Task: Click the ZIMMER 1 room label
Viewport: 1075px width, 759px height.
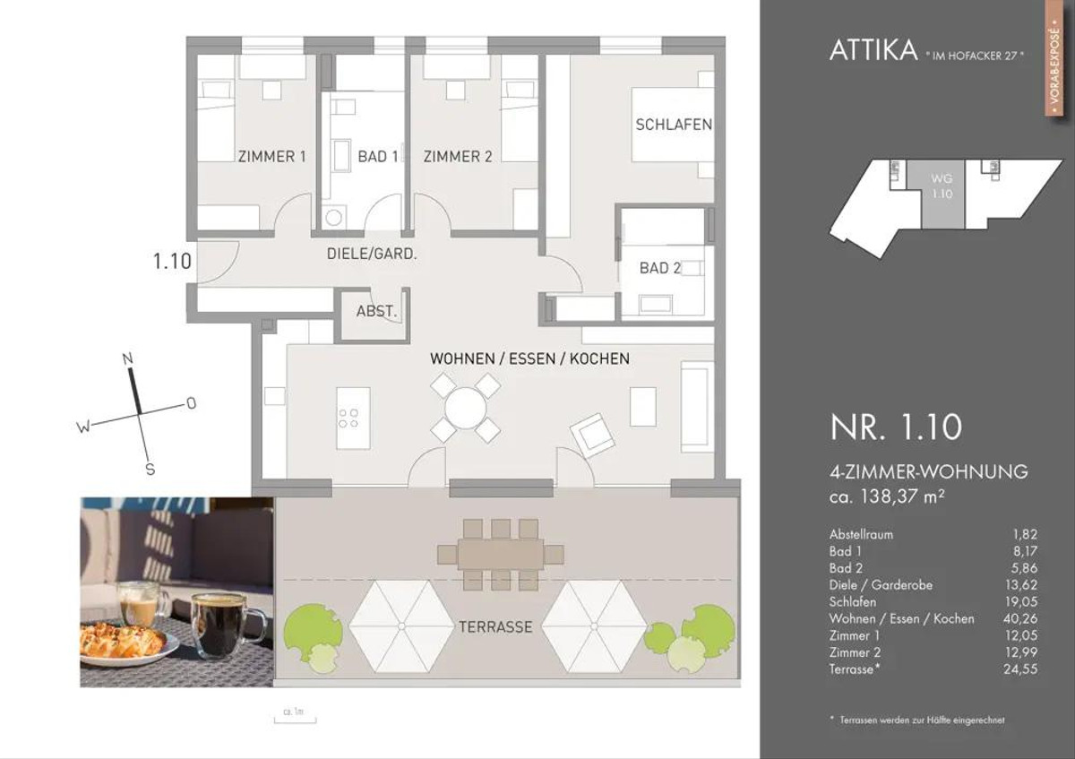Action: click(x=271, y=157)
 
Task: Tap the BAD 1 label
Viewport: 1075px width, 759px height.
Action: click(x=378, y=157)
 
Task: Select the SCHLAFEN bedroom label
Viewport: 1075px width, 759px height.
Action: click(x=674, y=125)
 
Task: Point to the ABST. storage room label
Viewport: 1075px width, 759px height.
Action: click(x=376, y=312)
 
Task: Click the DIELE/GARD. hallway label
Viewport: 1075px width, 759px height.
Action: click(x=372, y=254)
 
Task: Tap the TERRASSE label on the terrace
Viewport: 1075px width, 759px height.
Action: click(x=495, y=627)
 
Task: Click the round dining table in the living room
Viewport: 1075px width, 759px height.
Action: click(x=465, y=409)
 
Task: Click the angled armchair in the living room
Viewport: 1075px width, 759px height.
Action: click(x=592, y=436)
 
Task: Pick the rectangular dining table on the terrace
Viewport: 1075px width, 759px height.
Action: click(x=501, y=555)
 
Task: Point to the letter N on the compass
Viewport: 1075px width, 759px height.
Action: click(x=127, y=358)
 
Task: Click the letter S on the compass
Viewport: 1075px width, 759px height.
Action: click(x=150, y=469)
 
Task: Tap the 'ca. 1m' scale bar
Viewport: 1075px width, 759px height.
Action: click(x=295, y=720)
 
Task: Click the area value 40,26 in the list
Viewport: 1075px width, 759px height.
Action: click(x=1020, y=618)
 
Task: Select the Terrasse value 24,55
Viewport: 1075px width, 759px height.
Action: click(x=1020, y=668)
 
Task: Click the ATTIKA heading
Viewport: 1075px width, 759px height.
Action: click(x=873, y=50)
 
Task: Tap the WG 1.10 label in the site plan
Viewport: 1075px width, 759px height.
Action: click(x=942, y=186)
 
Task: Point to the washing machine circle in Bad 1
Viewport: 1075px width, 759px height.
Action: click(x=333, y=218)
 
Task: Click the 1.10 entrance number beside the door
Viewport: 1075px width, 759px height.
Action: click(x=172, y=262)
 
